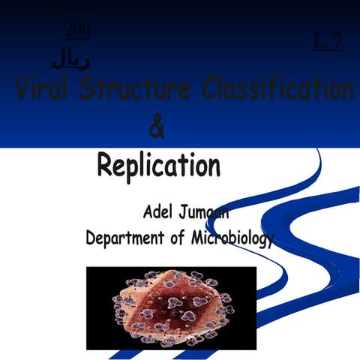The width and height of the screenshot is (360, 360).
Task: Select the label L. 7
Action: pyautogui.click(x=327, y=42)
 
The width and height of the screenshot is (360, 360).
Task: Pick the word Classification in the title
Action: pyautogui.click(x=277, y=91)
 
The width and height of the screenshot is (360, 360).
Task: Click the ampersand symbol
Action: pyautogui.click(x=157, y=128)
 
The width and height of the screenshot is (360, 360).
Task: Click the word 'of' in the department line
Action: pyautogui.click(x=175, y=239)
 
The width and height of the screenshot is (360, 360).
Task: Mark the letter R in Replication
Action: pyautogui.click(x=106, y=164)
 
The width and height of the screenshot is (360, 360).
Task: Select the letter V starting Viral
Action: pyautogui.click(x=23, y=91)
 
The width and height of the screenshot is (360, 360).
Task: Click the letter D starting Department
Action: pyautogui.click(x=91, y=238)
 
